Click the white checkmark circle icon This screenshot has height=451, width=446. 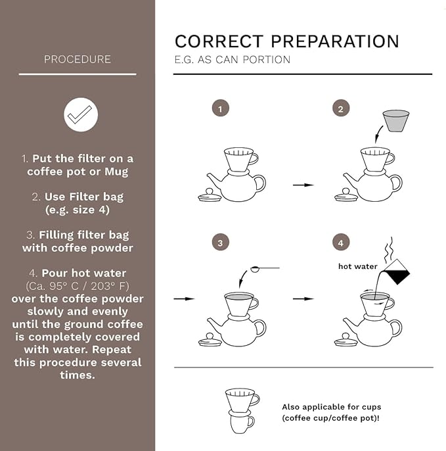tap(81, 114)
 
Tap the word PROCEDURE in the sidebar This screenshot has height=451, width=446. tap(78, 59)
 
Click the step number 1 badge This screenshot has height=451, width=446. tap(221, 108)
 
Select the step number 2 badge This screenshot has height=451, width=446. tap(341, 108)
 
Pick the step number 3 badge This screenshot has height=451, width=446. tap(221, 243)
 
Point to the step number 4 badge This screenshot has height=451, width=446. tap(341, 243)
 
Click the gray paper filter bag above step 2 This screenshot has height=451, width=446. tap(396, 120)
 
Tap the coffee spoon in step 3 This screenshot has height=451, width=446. tap(265, 269)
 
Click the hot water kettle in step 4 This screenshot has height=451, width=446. tap(397, 272)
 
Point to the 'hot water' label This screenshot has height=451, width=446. tap(358, 266)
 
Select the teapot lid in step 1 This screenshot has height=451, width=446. tap(210, 195)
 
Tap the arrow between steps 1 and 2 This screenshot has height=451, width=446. tap(303, 185)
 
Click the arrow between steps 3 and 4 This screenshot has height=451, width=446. tap(303, 299)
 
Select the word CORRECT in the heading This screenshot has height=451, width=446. tap(219, 41)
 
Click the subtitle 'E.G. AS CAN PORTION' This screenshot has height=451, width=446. tap(233, 60)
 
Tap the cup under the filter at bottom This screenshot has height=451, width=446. tap(242, 421)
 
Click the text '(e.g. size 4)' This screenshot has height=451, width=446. tap(78, 210)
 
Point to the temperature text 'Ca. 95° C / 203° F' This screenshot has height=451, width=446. tap(78, 286)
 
